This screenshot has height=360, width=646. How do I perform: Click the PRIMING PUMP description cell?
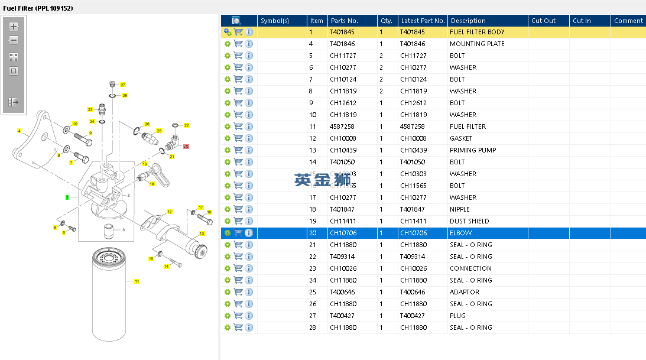pos(472,150)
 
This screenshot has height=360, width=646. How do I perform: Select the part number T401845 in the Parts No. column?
pos(342,32)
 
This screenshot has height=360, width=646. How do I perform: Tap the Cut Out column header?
pos(543,21)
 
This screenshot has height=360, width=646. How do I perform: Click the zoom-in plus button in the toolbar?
pos(14,27)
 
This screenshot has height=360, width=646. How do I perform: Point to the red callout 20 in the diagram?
pos(186,147)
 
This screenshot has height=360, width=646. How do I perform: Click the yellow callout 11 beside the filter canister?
pos(137,281)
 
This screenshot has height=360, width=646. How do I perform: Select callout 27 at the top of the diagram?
pos(123,85)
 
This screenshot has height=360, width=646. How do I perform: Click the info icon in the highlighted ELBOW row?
pos(249,233)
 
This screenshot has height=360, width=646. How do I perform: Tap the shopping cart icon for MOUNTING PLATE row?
pos(238,44)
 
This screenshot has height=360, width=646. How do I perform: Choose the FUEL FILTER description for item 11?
pos(468,127)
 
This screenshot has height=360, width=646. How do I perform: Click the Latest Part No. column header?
pos(422,21)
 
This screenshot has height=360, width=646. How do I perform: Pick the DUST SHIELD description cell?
pos(469,221)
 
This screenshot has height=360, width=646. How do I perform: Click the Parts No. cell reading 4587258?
pos(342,127)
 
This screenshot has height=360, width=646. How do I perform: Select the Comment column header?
pos(628,21)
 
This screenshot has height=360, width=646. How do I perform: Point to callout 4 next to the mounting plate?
pos(19,131)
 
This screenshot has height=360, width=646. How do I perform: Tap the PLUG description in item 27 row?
pos(457,316)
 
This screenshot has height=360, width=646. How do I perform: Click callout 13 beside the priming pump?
pos(202,233)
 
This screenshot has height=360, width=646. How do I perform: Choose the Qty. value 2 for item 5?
pos(381,56)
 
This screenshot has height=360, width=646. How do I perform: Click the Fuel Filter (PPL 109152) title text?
pos(38,8)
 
